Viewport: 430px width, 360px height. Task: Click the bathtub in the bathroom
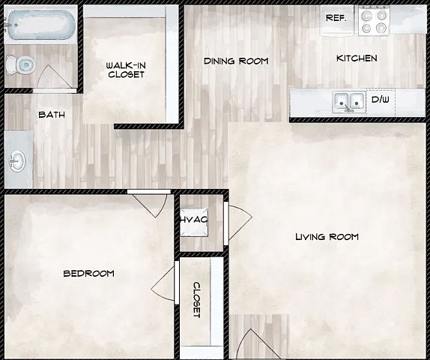pyautogui.click(x=40, y=25)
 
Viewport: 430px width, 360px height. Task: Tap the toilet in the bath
pyautogui.click(x=21, y=65)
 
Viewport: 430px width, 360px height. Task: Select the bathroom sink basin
pyautogui.click(x=17, y=160)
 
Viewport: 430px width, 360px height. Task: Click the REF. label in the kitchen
pyautogui.click(x=336, y=18)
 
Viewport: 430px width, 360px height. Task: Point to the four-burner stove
pyautogui.click(x=374, y=21)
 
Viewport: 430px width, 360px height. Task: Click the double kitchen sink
pyautogui.click(x=349, y=103)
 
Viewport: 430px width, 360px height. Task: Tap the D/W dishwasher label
pyautogui.click(x=380, y=100)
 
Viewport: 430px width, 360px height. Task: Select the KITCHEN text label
pyautogui.click(x=357, y=58)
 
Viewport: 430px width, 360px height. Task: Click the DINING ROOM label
pyautogui.click(x=236, y=61)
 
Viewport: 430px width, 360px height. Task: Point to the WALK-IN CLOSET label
pyautogui.click(x=126, y=70)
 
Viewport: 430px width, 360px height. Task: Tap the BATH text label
pyautogui.click(x=52, y=115)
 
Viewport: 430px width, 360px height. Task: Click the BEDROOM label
pyautogui.click(x=89, y=274)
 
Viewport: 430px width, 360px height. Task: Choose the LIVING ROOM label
pyautogui.click(x=327, y=237)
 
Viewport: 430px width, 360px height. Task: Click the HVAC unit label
pyautogui.click(x=194, y=219)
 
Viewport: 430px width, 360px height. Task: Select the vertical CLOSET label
pyautogui.click(x=197, y=300)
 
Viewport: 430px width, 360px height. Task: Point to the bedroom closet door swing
pyautogui.click(x=163, y=283)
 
